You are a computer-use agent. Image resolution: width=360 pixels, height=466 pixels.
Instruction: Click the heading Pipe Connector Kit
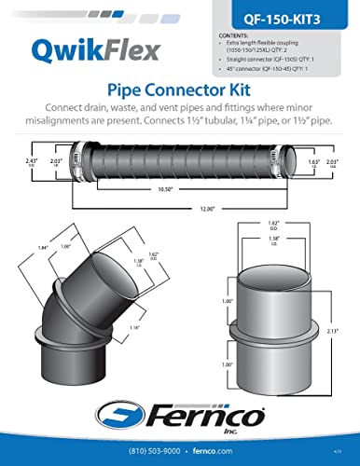coord(179,90)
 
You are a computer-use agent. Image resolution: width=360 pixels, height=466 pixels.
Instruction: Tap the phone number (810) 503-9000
coord(150,450)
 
